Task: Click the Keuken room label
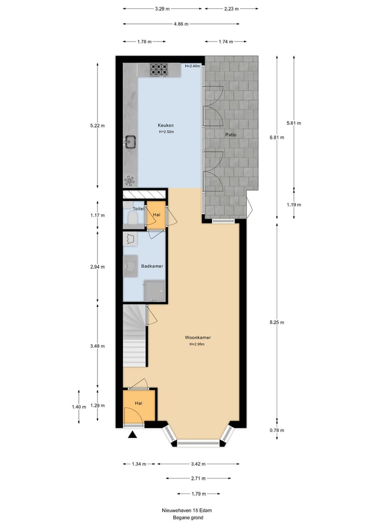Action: (166, 125)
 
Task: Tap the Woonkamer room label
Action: (198, 337)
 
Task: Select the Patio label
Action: (231, 135)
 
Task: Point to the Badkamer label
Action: (152, 266)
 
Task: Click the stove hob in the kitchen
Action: (159, 69)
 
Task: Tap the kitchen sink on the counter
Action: (130, 141)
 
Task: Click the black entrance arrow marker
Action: (133, 435)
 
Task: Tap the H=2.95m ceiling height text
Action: (198, 344)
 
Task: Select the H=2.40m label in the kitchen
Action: (193, 66)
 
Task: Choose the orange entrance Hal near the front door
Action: (139, 405)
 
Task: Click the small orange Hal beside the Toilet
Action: (156, 215)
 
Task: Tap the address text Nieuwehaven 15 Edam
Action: (187, 510)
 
